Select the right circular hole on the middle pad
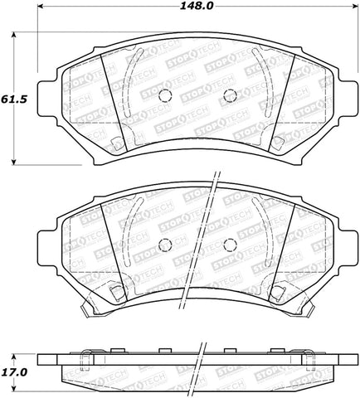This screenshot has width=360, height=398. pos(230,244)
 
